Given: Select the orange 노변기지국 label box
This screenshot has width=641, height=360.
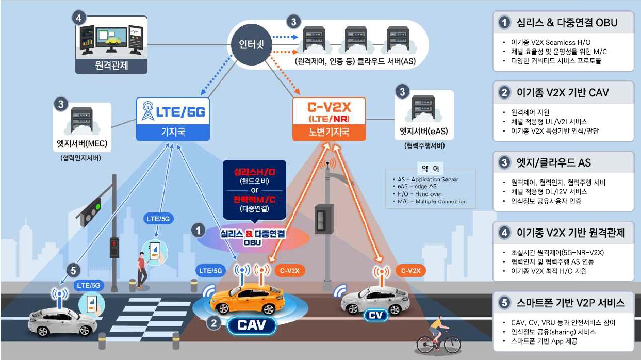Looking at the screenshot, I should pyautogui.click(x=328, y=132).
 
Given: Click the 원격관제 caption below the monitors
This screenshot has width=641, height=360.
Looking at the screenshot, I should pyautogui.click(x=111, y=66).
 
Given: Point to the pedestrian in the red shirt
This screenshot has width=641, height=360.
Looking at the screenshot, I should pyautogui.click(x=141, y=269).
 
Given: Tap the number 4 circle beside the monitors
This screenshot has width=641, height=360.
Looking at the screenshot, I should pyautogui.click(x=78, y=18).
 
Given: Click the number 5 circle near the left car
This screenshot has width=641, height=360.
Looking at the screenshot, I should pyautogui.click(x=74, y=270).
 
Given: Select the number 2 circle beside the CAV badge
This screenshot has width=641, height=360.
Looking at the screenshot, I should pyautogui.click(x=213, y=323).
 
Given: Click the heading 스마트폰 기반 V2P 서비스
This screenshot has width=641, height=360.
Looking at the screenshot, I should pyautogui.click(x=570, y=303).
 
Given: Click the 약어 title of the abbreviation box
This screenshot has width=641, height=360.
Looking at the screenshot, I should pyautogui.click(x=426, y=169).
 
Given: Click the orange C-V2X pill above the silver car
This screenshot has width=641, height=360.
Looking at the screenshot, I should pyautogui.click(x=411, y=271).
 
